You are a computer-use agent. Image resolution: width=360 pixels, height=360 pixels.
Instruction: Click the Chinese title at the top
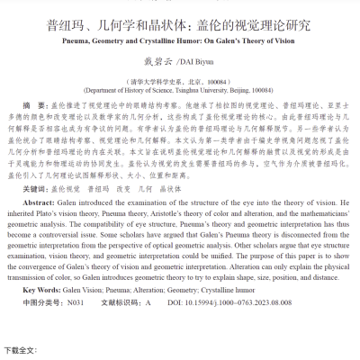pyautogui.click(x=180, y=26)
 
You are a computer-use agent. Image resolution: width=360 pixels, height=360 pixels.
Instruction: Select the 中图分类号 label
pyautogui.click(x=41, y=304)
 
